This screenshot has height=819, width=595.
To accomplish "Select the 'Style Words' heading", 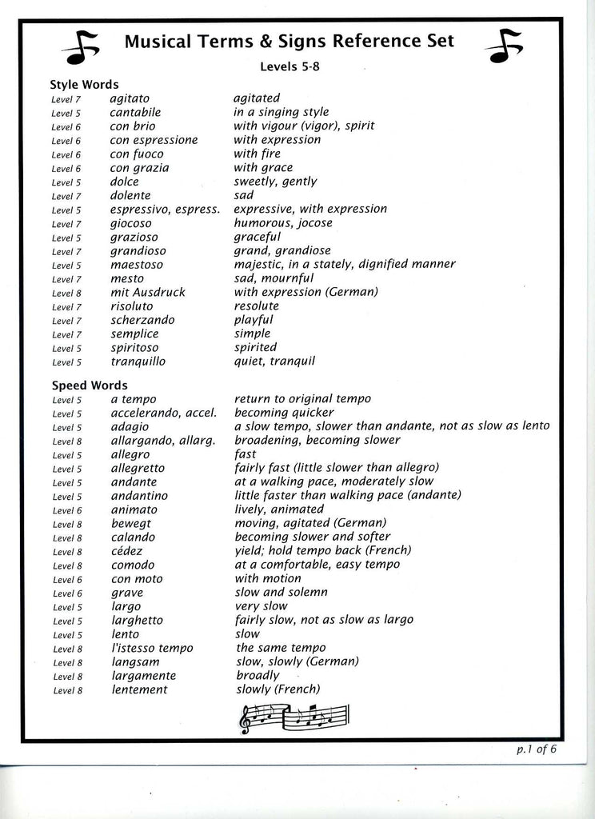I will click(84, 84).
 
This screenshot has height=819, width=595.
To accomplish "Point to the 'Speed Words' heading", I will click(89, 385).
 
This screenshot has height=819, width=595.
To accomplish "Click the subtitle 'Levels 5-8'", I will click(289, 67).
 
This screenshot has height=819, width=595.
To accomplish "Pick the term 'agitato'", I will click(130, 98).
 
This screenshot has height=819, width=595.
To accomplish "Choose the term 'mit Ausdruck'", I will click(148, 292).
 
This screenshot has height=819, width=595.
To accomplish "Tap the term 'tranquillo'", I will click(138, 362).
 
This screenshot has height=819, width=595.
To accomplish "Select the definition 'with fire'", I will click(257, 154).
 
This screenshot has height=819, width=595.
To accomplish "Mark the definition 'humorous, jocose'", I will click(282, 223).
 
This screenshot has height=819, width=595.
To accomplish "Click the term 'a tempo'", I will click(134, 399).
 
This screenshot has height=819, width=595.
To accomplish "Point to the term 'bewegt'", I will click(130, 523).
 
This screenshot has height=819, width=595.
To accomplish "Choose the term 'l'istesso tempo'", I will click(152, 648).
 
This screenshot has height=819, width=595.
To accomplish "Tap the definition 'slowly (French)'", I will click(277, 689).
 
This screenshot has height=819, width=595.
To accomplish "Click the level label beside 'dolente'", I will click(66, 196).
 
